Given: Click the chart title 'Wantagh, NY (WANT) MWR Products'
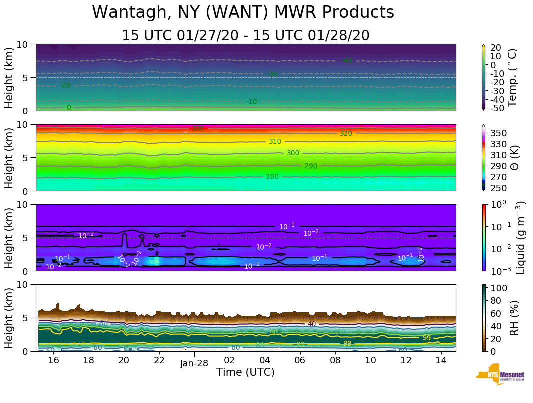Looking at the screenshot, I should [x=243, y=13].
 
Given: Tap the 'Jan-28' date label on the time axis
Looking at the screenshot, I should [x=194, y=363].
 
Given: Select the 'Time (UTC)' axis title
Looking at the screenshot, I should [x=245, y=372].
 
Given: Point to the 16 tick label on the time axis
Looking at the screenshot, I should [x=53, y=360].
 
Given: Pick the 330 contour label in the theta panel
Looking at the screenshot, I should [x=198, y=129].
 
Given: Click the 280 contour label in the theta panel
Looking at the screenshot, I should [x=272, y=177].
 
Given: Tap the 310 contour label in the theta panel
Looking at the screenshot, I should [x=275, y=142].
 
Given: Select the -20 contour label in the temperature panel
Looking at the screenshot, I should [x=65, y=86].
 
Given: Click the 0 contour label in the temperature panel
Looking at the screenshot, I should [x=69, y=108].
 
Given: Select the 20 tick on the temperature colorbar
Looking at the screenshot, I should [x=496, y=48].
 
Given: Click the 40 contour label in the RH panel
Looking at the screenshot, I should [x=312, y=324].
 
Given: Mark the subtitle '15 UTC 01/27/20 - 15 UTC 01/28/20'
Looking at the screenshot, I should [x=246, y=36].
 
